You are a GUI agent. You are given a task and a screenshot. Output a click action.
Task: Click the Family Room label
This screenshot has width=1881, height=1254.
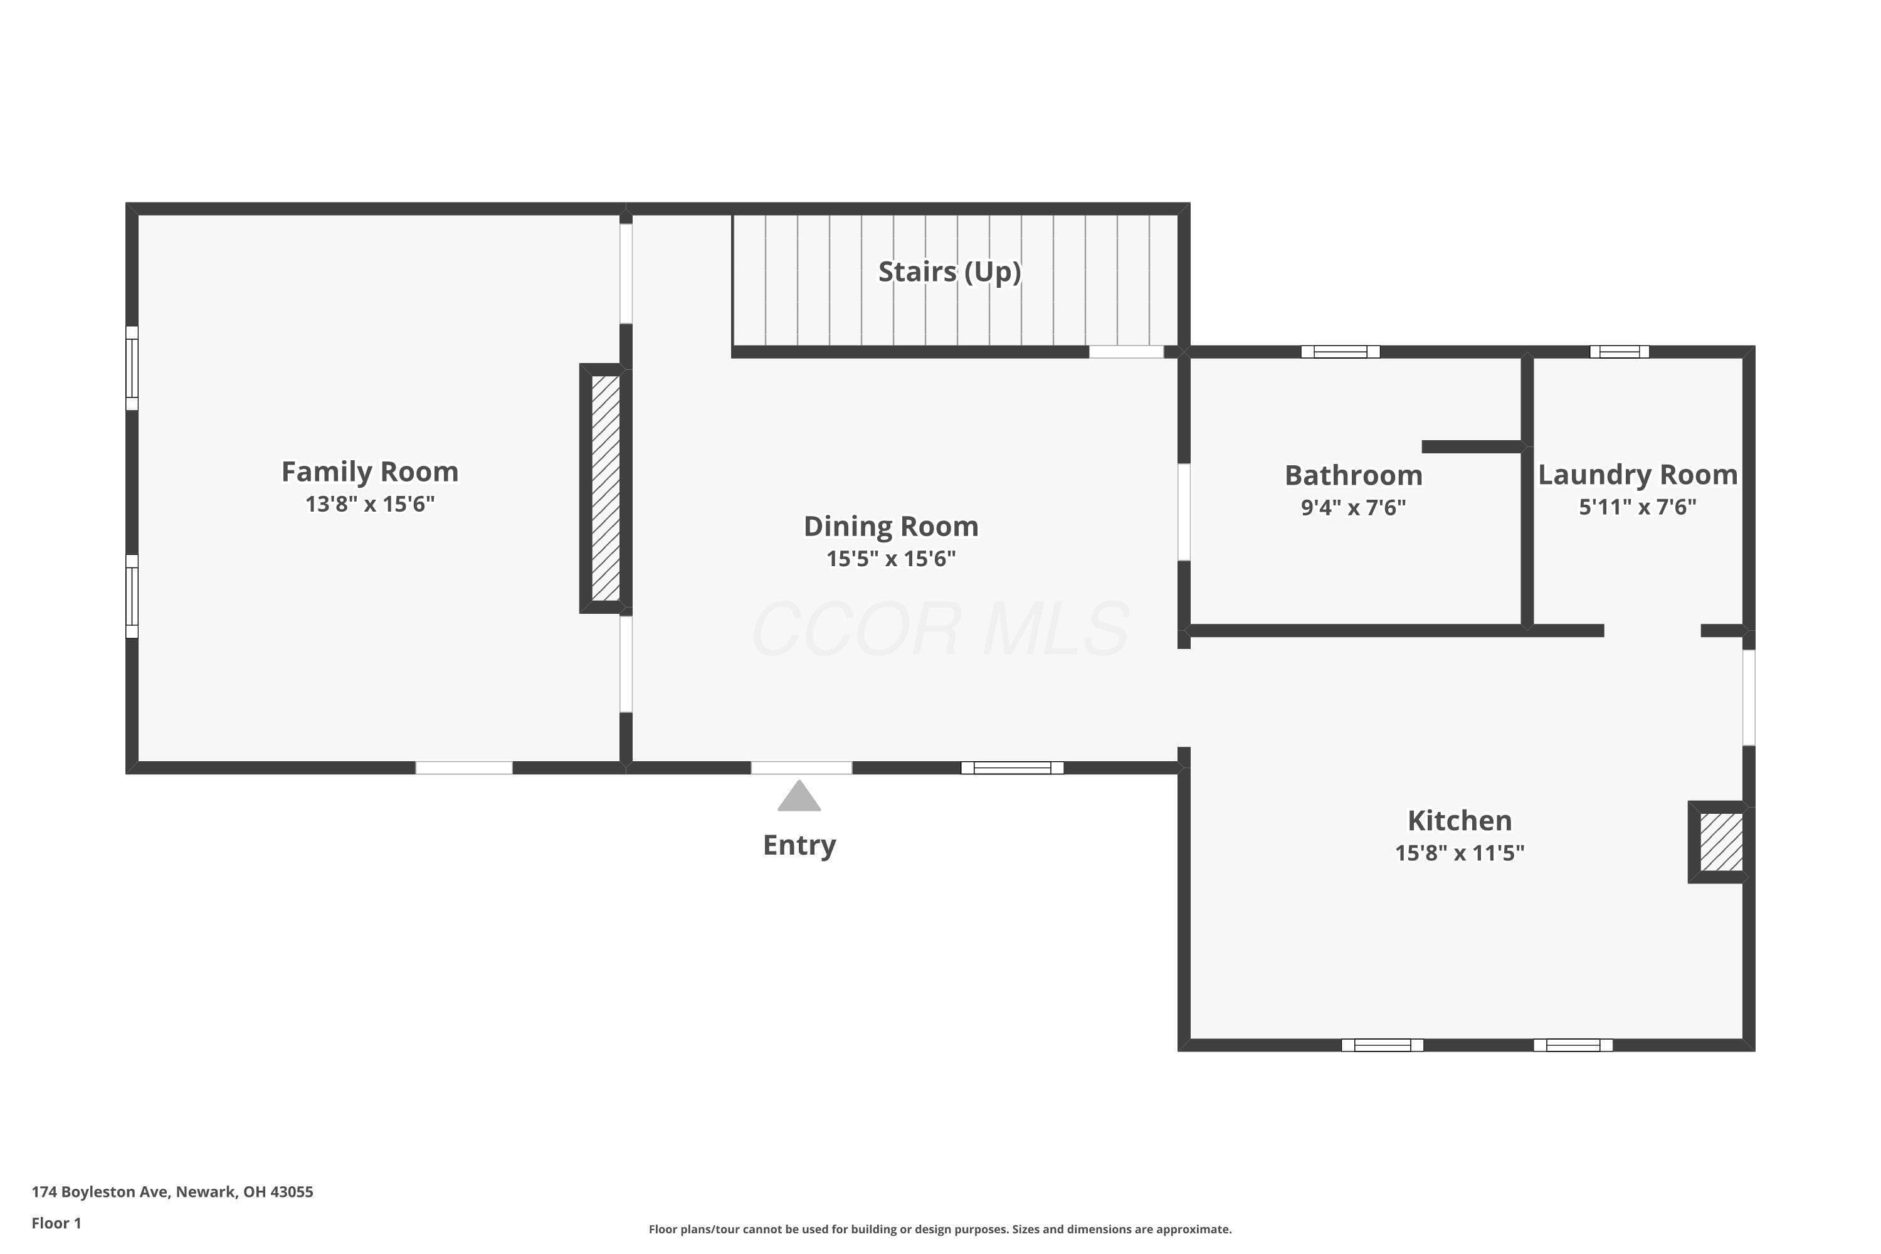click(x=369, y=472)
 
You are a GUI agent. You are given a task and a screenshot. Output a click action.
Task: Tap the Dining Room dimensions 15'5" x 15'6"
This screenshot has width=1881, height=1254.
click(x=891, y=558)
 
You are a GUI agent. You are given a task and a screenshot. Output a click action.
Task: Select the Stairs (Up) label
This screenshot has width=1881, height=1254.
click(x=949, y=272)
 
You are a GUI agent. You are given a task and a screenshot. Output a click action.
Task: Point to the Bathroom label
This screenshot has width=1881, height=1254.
click(x=1353, y=475)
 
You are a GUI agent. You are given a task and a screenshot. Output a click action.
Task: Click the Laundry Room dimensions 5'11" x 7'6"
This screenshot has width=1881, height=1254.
click(x=1637, y=506)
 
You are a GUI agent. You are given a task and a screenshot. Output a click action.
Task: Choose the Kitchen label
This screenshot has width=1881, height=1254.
click(x=1460, y=821)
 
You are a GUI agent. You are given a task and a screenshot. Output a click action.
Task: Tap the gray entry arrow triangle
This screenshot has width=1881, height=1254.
click(x=799, y=796)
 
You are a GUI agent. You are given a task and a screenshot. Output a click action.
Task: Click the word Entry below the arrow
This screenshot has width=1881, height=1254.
click(x=799, y=845)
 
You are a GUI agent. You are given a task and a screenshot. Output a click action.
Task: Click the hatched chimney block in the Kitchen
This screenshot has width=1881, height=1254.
click(x=1721, y=842)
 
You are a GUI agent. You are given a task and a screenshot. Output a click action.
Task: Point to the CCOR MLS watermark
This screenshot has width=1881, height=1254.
click(x=940, y=630)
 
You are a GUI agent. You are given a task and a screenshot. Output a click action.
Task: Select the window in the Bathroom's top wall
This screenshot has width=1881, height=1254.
click(x=1341, y=352)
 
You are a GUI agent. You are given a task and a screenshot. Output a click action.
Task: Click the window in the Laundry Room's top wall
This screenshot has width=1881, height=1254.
click(x=1620, y=352)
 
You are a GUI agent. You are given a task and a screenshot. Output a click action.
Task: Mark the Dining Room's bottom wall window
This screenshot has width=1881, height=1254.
click(x=1012, y=767)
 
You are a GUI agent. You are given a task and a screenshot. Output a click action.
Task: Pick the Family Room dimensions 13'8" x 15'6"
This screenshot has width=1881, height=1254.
click(x=369, y=504)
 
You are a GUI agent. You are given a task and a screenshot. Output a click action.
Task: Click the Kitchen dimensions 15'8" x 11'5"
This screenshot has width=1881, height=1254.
click(x=1460, y=853)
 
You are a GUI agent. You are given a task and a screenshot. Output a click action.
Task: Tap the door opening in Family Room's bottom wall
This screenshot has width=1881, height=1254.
click(x=464, y=767)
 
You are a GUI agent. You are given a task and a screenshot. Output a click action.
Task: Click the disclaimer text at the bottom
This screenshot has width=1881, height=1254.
click(x=940, y=1229)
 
